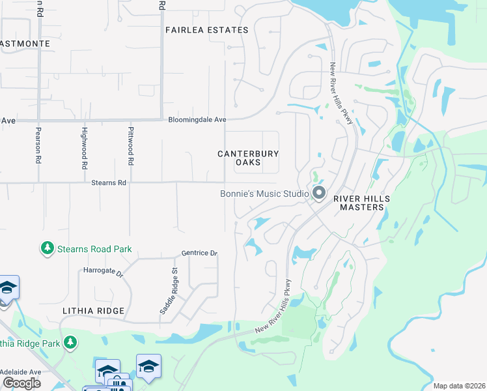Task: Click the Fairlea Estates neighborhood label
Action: click(206, 30)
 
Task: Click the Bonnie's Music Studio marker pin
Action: click(319, 193)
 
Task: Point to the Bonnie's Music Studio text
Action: click(264, 194)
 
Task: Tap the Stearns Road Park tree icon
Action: click(47, 248)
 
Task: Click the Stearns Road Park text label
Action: click(94, 249)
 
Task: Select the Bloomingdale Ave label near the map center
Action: click(197, 120)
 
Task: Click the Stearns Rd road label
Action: click(109, 183)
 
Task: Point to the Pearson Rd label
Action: click(39, 149)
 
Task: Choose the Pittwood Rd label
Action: click(131, 146)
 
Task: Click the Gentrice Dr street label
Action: click(199, 253)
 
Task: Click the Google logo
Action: click(21, 383)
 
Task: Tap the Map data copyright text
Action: click(458, 386)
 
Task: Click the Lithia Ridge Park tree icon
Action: click(71, 342)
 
